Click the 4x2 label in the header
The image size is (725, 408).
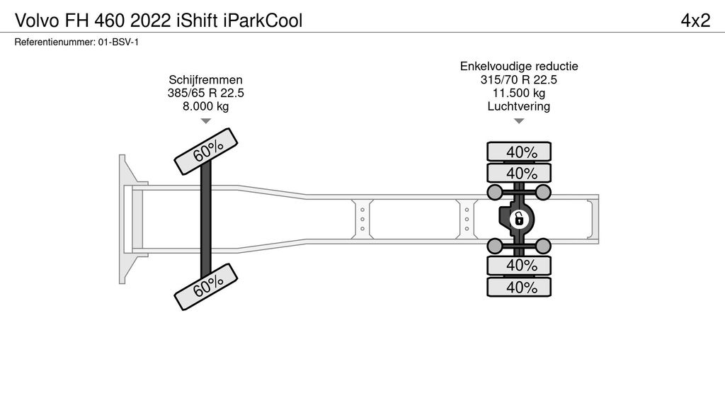(695, 21)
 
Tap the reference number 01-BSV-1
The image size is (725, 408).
(118, 42)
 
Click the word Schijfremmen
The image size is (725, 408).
(205, 79)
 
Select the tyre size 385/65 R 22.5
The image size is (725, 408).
(205, 93)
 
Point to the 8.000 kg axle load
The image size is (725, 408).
(205, 106)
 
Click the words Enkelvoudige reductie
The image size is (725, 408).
(519, 66)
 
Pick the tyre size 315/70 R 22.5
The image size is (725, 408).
(519, 79)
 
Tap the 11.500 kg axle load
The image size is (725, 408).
(519, 93)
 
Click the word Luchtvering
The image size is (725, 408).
(519, 106)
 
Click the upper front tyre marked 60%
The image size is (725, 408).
(206, 151)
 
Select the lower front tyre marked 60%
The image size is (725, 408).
(206, 286)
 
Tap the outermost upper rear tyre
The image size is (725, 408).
(519, 152)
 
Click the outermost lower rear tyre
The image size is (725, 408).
(519, 287)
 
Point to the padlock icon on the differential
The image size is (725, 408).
(519, 219)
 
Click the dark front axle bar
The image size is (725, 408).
(206, 219)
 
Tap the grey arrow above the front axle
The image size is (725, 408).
(205, 121)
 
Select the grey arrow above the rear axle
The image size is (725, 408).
(519, 121)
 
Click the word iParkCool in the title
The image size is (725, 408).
(263, 21)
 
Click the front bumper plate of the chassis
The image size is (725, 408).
(126, 219)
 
